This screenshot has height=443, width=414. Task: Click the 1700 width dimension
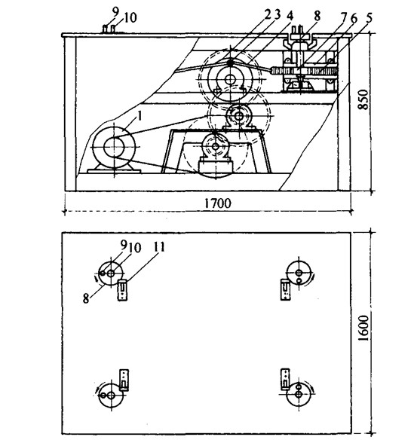(x=217, y=203)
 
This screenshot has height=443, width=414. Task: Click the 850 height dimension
(x=363, y=99)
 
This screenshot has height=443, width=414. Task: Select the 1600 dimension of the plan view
(x=363, y=328)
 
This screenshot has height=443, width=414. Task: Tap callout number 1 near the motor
(x=140, y=116)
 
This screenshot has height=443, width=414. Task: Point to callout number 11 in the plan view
(x=159, y=246)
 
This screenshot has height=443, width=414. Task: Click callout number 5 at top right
(x=369, y=17)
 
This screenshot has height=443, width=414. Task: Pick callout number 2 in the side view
(x=268, y=15)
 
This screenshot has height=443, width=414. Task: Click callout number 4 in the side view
(x=290, y=16)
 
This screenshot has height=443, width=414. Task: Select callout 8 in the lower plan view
(x=86, y=298)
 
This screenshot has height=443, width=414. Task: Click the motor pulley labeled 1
(x=114, y=147)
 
